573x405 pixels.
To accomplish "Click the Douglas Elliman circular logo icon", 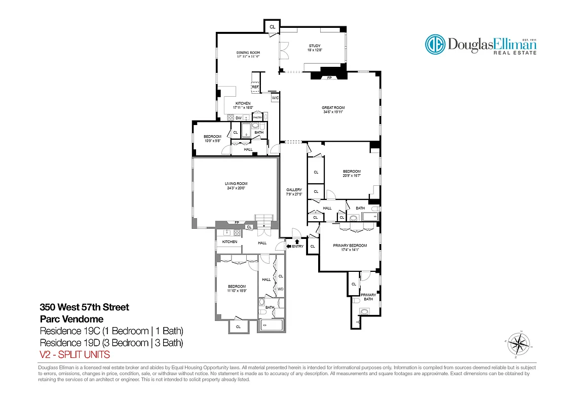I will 435,45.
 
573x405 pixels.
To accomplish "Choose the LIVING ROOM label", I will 236,185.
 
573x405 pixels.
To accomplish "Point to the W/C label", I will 275,98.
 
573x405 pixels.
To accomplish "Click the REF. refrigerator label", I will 255,87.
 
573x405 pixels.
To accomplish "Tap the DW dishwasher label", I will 238,118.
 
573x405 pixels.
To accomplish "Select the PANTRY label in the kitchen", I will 257,118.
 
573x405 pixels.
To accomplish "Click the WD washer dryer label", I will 280,289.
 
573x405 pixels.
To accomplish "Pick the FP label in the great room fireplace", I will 329,78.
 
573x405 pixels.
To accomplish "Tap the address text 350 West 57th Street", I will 85,307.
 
